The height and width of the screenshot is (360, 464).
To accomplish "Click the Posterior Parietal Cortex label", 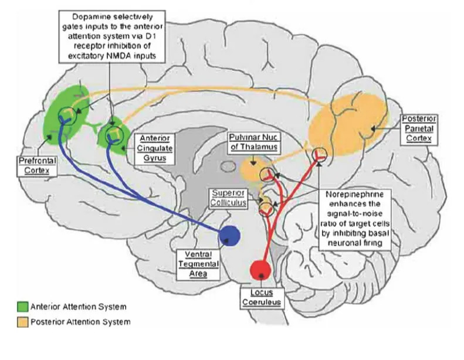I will point(418,130).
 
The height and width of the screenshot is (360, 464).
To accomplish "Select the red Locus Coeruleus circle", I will point(260,270).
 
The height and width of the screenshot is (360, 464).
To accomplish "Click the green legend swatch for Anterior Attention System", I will point(23,306).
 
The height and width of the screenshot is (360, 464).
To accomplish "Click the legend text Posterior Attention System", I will point(82,322).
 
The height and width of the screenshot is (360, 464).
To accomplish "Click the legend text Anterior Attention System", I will point(80,307).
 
